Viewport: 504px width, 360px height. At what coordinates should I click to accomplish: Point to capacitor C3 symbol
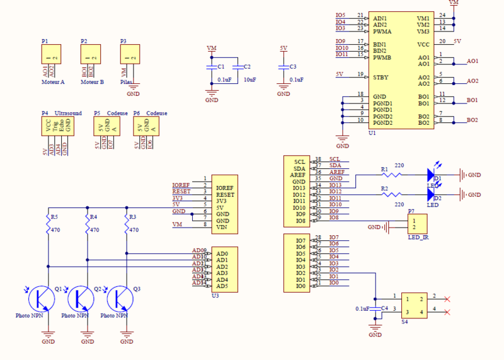[x=283, y=66]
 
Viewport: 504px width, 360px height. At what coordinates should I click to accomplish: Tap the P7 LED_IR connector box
[x=417, y=223]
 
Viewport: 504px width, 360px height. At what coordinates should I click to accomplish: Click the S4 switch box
[x=413, y=304]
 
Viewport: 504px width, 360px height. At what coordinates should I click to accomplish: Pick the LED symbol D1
[x=432, y=174]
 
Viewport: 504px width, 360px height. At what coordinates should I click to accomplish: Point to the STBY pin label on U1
[x=381, y=77]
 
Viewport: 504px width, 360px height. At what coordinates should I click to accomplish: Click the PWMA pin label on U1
[x=382, y=31]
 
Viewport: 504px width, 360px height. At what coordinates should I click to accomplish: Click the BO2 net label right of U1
[x=472, y=120]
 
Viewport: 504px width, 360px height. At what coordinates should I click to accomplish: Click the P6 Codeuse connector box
[x=147, y=126]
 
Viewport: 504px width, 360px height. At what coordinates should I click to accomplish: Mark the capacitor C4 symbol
[x=375, y=309]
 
